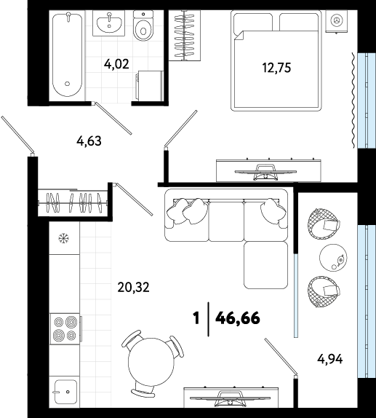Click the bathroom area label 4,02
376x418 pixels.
pos(116,64)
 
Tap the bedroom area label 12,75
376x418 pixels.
pos(276,68)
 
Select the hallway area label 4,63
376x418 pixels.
pos(89,141)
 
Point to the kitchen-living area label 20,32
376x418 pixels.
pos(133,287)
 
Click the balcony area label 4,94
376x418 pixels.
pos(330,359)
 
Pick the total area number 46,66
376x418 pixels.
pos(238,318)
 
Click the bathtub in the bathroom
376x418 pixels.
pos(67,55)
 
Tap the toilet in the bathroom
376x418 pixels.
pos(143,25)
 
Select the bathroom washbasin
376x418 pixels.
pos(109,23)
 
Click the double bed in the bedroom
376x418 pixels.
pos(276,60)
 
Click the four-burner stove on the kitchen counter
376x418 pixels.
pos(65,328)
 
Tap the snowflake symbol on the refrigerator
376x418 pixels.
pos(64,238)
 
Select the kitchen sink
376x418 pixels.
pos(65,392)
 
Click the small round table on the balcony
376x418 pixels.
pos(333,258)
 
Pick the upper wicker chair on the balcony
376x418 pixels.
pos(322,223)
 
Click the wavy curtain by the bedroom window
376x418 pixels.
pos(353,100)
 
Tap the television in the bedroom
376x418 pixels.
pos(265,172)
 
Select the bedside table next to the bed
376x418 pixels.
pos(337,21)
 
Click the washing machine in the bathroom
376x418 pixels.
pos(149,86)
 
